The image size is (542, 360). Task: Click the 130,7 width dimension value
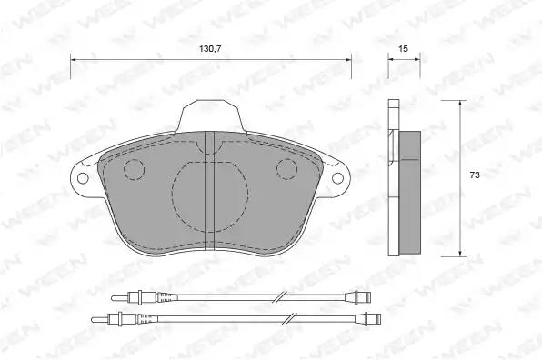[x=210, y=49]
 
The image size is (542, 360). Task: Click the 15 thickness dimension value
[x=403, y=49]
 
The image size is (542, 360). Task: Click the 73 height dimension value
[x=475, y=175]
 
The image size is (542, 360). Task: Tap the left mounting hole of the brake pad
[x=83, y=178]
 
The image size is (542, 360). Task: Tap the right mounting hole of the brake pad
[x=337, y=178]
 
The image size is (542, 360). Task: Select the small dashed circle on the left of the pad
[x=134, y=170]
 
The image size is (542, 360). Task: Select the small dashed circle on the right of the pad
[x=286, y=169]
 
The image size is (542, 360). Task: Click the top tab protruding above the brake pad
[x=211, y=115]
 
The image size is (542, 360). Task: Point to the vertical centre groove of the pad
[x=210, y=190]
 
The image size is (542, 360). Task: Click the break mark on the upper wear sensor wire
[x=281, y=296]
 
